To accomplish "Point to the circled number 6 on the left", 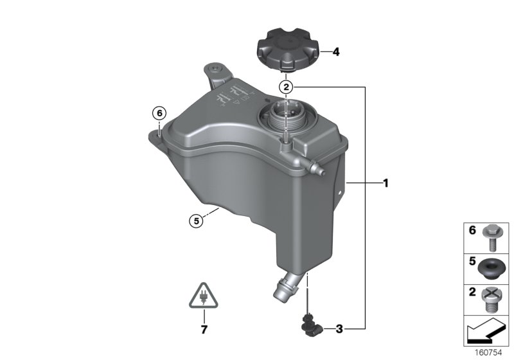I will point(159,112).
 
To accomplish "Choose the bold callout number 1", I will point(386,183).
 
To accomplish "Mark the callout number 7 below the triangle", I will point(204,330).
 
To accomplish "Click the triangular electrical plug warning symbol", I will point(204,296).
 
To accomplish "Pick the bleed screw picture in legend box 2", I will point(495,298).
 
